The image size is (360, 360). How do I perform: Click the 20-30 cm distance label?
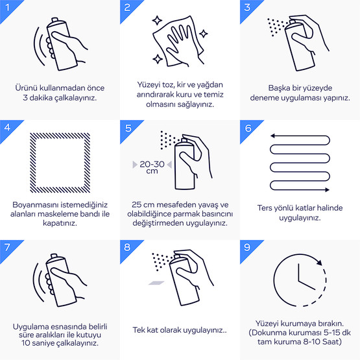pos(152,167)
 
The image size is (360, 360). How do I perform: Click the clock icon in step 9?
pos(274,280)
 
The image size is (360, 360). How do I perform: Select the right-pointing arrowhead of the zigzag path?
pos(327,189)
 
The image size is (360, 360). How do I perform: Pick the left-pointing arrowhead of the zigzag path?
pos(272,136)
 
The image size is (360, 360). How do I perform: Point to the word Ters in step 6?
pos(263,208)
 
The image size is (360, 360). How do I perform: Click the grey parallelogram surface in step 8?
pos(156,283)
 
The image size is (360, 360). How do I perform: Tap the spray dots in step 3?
pos(278,27)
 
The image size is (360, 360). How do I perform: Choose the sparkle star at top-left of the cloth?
pos(157,21)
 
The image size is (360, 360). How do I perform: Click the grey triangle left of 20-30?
pos(135,165)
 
